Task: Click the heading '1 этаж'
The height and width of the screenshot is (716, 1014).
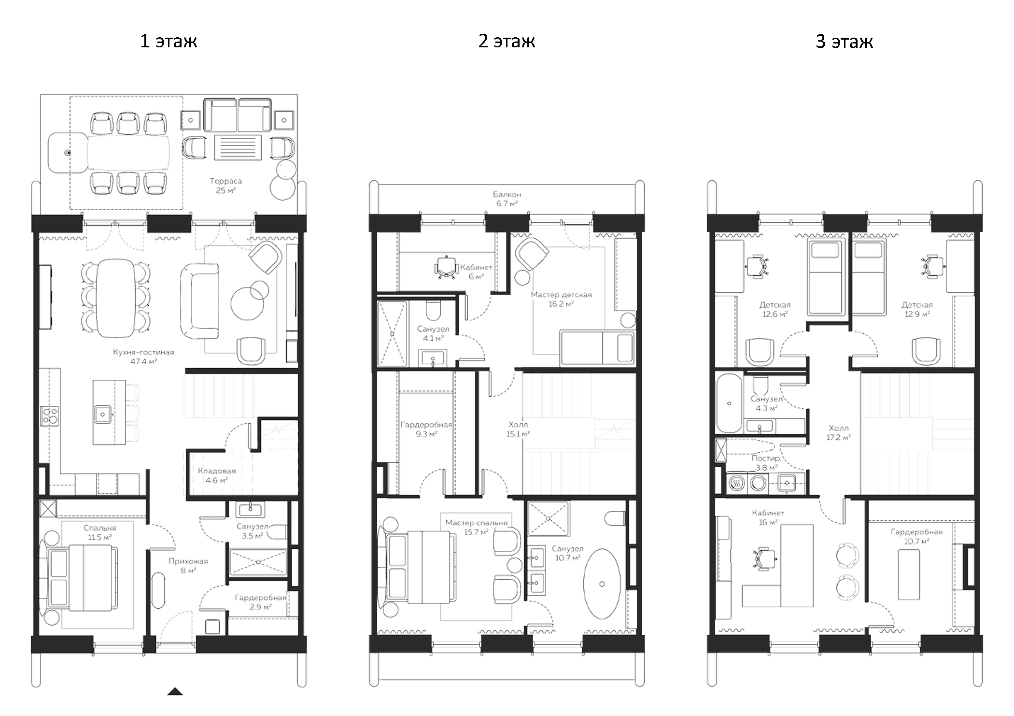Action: (x=169, y=41)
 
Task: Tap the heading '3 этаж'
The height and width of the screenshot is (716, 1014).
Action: (x=844, y=42)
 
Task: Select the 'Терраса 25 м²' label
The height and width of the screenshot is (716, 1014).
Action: (x=225, y=186)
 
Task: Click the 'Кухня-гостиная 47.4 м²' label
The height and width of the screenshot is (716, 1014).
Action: (x=143, y=357)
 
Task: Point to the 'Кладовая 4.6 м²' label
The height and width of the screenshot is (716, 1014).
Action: (x=217, y=475)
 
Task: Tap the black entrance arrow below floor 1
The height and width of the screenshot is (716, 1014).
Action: (x=175, y=692)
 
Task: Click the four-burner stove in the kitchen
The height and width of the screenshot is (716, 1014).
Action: (x=50, y=416)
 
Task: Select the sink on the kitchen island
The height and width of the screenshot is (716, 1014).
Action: (x=103, y=414)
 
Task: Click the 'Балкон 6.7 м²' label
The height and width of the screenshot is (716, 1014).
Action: (x=507, y=199)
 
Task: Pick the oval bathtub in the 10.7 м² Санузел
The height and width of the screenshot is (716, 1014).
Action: (x=602, y=584)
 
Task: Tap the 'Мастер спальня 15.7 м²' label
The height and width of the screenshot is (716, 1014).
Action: (x=476, y=527)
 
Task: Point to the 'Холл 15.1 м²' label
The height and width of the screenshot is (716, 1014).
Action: (x=518, y=429)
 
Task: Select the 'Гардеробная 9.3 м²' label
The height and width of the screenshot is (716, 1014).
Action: (x=426, y=429)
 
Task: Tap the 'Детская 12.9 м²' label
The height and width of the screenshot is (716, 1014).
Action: (x=917, y=309)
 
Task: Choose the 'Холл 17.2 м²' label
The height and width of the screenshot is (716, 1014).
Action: (x=838, y=432)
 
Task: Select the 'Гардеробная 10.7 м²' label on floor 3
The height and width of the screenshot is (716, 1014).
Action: (x=916, y=536)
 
